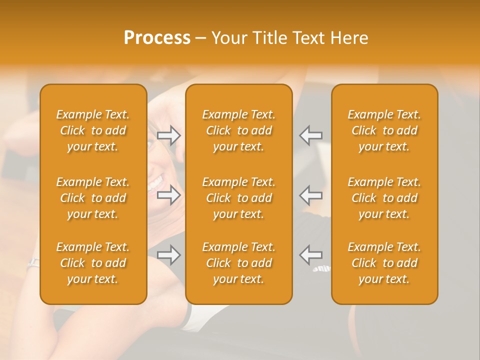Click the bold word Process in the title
click(157, 38)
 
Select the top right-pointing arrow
click(169, 135)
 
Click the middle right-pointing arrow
click(169, 195)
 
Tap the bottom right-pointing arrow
click(169, 255)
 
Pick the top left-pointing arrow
click(311, 135)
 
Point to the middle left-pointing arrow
click(311, 195)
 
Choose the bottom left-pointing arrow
click(311, 255)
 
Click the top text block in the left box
click(93, 130)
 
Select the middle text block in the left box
click(93, 198)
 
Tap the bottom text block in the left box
click(93, 263)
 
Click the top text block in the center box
click(238, 130)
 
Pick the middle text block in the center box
click(238, 198)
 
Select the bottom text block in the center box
click(238, 263)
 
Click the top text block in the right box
click(384, 130)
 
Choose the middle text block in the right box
click(384, 198)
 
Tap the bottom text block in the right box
click(384, 263)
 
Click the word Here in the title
click(349, 38)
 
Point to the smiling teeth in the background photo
click(155, 181)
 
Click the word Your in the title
click(229, 38)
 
